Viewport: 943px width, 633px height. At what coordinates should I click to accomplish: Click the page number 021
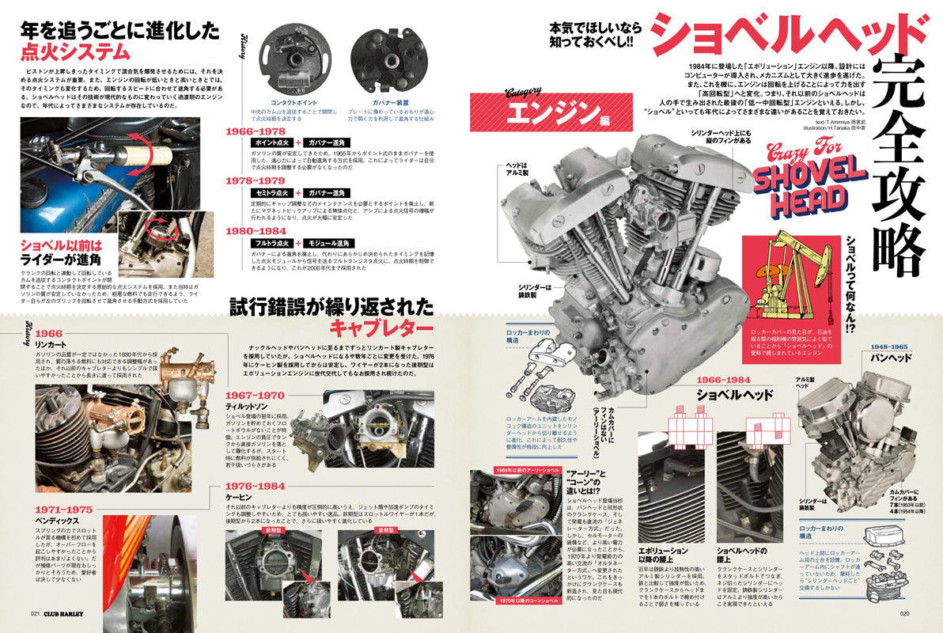[x=36, y=613]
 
